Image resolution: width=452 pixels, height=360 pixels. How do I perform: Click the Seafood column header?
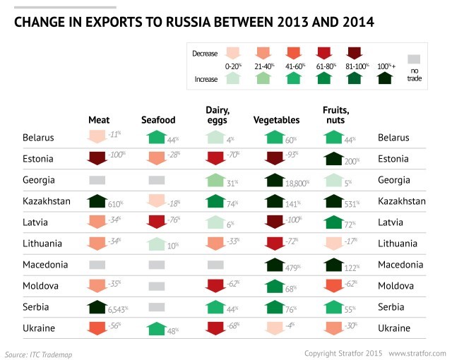[158, 120]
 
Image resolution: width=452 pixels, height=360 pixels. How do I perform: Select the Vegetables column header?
[276, 120]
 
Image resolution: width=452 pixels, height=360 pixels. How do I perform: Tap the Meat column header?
[99, 120]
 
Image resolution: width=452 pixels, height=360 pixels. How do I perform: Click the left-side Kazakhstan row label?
[47, 201]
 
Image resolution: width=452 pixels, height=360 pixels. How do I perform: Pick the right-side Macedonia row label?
[401, 265]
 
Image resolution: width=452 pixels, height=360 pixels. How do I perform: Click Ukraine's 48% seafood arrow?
[157, 328]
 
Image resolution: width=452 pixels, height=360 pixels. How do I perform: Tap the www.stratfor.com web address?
[417, 352]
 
